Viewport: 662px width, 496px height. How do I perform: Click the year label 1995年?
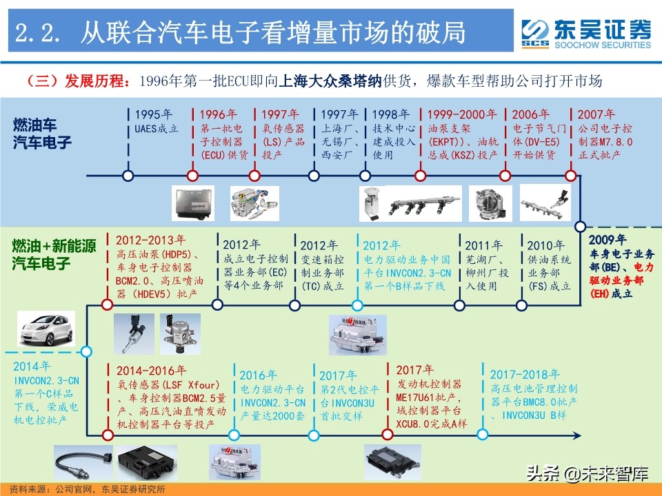154,114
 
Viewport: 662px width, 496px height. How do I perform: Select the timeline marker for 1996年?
191,176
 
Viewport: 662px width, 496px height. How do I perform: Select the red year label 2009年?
608,240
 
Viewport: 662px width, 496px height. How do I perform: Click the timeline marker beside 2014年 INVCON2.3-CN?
86,352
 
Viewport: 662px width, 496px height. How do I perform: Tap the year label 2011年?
483,245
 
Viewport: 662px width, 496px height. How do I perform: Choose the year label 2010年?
545,245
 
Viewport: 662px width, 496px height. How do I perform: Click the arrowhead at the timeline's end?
578,435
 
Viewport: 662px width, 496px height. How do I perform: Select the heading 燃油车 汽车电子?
42,134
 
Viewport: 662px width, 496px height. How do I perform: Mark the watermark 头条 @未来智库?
588,475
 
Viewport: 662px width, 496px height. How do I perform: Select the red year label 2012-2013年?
150,240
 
